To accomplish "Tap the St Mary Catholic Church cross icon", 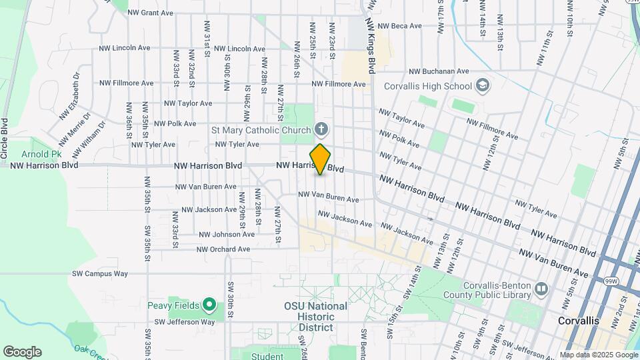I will [x=321, y=129].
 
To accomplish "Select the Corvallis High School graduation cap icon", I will [x=482, y=86].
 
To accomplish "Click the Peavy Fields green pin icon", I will [x=209, y=305].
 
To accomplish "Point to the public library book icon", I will [x=541, y=289].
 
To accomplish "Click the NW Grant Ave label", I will [x=150, y=13].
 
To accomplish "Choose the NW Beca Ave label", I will [x=399, y=26].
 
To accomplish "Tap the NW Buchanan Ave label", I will [x=439, y=71].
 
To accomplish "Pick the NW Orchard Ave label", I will [x=223, y=249].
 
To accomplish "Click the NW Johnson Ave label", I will [x=226, y=235].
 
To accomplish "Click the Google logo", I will [x=22, y=352].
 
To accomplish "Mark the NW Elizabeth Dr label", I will [x=69, y=96].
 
